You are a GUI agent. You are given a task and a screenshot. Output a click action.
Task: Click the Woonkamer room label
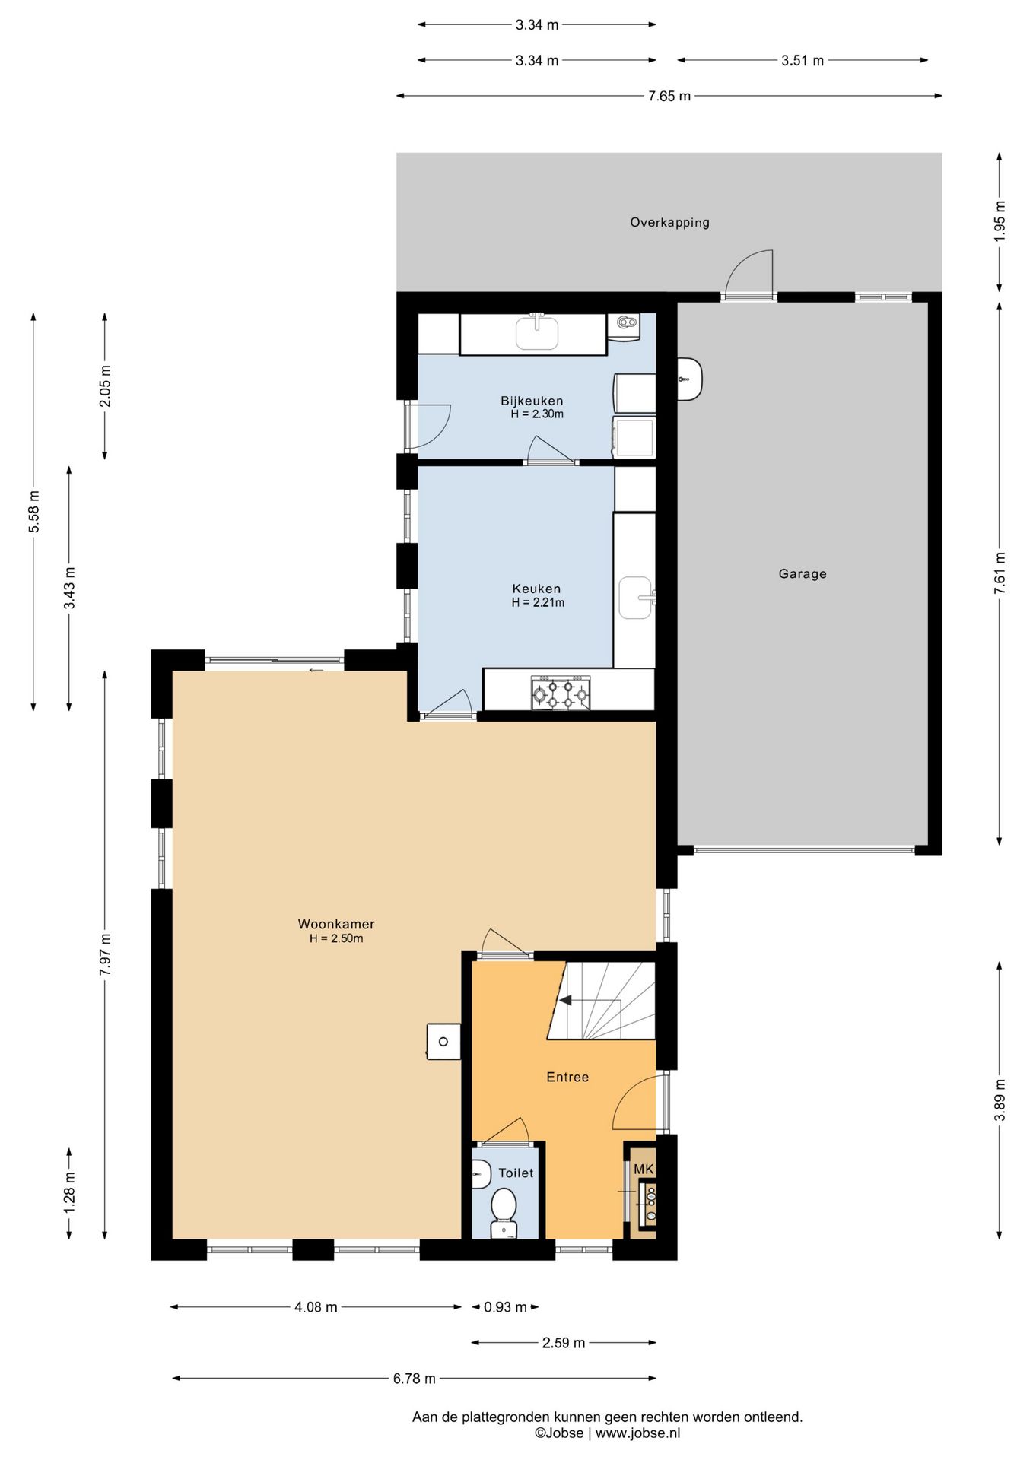click(x=335, y=924)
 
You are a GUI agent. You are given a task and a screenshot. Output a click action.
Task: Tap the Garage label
click(x=802, y=573)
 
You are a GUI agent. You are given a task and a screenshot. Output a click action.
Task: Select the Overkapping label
click(x=669, y=222)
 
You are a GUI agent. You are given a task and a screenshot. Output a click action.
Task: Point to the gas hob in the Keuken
click(x=561, y=693)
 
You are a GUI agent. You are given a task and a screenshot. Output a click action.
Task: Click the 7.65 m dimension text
click(x=669, y=96)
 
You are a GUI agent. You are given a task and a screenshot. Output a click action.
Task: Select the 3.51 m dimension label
click(x=803, y=60)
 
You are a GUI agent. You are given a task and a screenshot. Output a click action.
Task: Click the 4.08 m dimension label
click(x=316, y=1307)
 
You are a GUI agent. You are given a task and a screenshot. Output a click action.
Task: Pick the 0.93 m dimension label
click(x=505, y=1307)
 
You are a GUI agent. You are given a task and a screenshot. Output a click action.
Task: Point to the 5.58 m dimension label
click(x=33, y=512)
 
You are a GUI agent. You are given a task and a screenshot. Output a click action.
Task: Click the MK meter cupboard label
click(x=644, y=1169)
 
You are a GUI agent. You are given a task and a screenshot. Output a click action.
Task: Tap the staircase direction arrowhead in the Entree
click(x=565, y=1000)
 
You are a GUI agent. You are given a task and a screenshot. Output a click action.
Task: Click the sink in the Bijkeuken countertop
click(x=537, y=332)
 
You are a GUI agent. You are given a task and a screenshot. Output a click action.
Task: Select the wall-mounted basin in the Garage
click(x=689, y=379)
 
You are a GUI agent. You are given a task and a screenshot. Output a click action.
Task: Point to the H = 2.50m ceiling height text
click(x=335, y=938)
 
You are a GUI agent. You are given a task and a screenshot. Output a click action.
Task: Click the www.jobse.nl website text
click(x=637, y=1433)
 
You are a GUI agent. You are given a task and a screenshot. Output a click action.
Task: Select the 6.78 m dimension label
click(x=414, y=1379)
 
